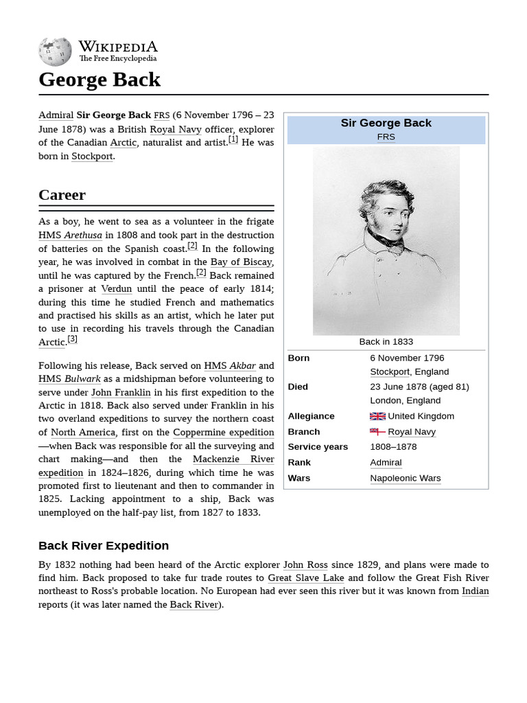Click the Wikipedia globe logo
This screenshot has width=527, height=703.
(55, 51)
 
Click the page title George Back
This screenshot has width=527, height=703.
(99, 80)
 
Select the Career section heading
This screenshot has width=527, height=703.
(62, 195)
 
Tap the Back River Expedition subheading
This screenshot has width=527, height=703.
(104, 546)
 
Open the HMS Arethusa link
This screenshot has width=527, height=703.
(70, 235)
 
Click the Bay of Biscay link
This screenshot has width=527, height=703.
(241, 262)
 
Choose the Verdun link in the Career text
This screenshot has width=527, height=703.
(116, 288)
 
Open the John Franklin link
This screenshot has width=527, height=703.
(121, 392)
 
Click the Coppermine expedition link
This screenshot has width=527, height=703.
(223, 433)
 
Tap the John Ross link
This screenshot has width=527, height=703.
(305, 564)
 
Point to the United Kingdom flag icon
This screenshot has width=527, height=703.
(377, 416)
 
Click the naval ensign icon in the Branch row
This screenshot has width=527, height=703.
(377, 432)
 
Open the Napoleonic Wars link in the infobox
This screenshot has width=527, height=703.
(406, 478)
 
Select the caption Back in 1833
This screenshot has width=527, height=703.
(386, 341)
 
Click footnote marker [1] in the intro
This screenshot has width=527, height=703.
(233, 139)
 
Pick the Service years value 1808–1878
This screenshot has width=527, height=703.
(393, 447)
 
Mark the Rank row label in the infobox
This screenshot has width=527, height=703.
(299, 463)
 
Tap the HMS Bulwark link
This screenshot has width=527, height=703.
(69, 378)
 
